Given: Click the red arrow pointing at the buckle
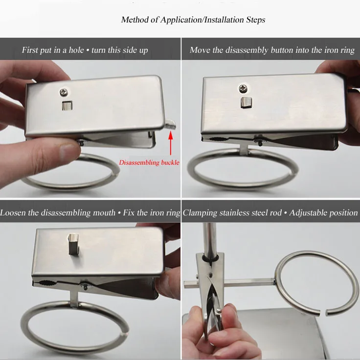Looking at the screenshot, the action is [x=170, y=143].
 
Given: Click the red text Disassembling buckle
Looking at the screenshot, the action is [x=149, y=163].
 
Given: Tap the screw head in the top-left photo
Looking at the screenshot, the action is [x=64, y=92].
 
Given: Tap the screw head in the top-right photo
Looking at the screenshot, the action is [x=242, y=88].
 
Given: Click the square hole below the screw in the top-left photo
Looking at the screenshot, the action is [x=67, y=106].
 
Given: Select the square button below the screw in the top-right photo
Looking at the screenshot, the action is [x=246, y=103].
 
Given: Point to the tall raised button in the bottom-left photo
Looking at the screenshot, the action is [x=73, y=245].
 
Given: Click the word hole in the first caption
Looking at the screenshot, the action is [x=76, y=50].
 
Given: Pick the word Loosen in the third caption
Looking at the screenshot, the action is [x=13, y=212].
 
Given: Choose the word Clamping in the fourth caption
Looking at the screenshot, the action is [x=200, y=213].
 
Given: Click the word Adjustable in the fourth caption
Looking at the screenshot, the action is [x=306, y=213].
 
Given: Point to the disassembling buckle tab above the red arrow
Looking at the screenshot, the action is [x=170, y=125].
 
